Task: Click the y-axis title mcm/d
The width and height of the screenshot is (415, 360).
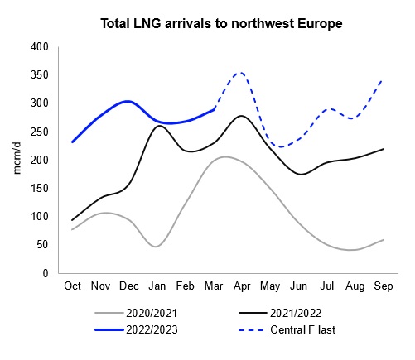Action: point(16,160)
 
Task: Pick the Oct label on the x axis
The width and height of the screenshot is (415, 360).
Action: point(73,286)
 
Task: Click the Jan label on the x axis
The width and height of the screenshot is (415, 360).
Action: point(157,286)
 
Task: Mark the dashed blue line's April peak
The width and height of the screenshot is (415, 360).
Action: point(240,73)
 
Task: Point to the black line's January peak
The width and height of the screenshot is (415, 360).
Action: point(158,126)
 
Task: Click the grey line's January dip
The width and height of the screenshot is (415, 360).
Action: point(157,247)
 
